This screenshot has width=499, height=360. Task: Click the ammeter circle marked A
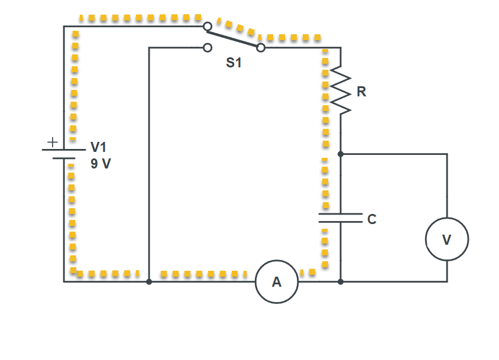pos(277,282)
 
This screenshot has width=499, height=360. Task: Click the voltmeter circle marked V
pos(447,239)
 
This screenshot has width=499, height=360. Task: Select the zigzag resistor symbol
pos(341,89)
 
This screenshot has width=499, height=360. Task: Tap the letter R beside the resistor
pos(361,92)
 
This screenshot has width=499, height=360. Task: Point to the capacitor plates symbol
pos(341,218)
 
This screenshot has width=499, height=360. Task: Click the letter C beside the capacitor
pos(372,219)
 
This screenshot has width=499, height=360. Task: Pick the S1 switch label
pos(234,63)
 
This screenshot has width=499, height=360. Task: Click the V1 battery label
pos(98,147)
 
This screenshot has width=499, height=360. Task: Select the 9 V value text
pos(101,164)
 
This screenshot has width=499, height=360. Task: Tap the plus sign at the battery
pos(52,142)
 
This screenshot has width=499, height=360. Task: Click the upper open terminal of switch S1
pos(208,27)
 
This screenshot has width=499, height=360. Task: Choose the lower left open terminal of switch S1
pos(208,48)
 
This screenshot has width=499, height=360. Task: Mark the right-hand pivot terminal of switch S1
pos(261,47)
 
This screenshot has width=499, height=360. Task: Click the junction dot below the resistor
pos(341,154)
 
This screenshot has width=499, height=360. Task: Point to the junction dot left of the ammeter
pos(149,282)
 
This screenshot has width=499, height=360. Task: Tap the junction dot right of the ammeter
pos(341,282)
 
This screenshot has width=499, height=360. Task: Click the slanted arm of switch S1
pos(234,37)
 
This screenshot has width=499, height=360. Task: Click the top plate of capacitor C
pos(341,213)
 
